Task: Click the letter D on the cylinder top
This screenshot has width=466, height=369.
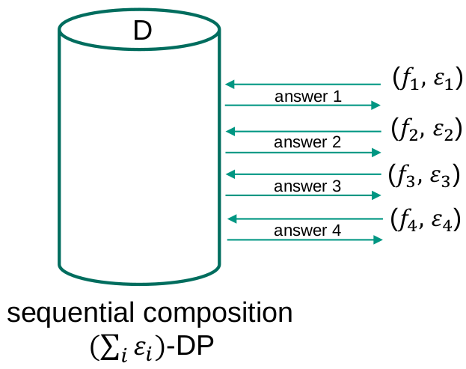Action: (x=142, y=31)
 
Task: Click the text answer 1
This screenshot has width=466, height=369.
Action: (x=308, y=97)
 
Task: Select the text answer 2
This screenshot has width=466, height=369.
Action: (x=307, y=142)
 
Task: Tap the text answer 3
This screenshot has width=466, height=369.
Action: (x=307, y=186)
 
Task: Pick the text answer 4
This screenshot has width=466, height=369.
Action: (x=307, y=231)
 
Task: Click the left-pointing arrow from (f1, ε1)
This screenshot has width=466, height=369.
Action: (x=303, y=84)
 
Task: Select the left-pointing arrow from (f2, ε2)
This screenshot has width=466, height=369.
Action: (x=303, y=132)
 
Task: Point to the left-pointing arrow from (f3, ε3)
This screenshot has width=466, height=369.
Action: (x=303, y=174)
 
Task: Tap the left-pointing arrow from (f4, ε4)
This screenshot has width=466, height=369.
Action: (x=303, y=219)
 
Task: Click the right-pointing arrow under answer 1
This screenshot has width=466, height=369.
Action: (x=303, y=106)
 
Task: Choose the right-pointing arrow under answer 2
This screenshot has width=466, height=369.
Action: (x=303, y=152)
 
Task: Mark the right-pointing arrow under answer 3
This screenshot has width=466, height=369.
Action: (x=303, y=195)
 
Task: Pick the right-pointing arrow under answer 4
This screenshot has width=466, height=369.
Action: (x=303, y=240)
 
